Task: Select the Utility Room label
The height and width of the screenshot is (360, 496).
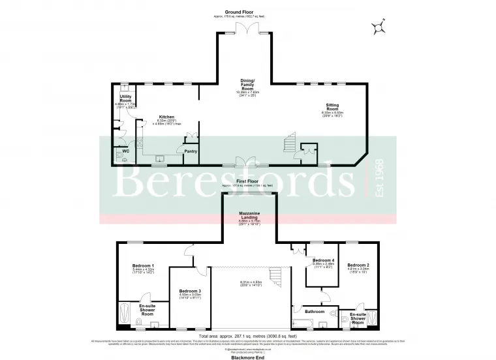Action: [126, 98]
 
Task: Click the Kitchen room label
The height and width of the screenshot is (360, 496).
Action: [166, 117]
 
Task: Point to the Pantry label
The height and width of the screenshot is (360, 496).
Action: [191, 151]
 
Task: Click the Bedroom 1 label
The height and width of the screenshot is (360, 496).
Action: [143, 265]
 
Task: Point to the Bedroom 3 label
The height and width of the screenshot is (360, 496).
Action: [189, 290]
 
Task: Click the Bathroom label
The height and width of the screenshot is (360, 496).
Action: [315, 312]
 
